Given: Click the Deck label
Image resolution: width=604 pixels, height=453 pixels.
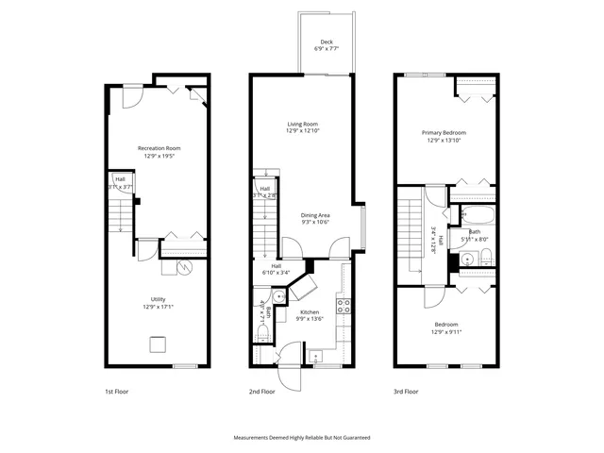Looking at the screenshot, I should (327, 44).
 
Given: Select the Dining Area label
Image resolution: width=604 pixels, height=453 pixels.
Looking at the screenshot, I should (315, 218).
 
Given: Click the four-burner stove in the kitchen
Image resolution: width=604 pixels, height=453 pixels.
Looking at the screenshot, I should (345, 306).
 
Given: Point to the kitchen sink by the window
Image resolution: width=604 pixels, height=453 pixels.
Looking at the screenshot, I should (315, 355).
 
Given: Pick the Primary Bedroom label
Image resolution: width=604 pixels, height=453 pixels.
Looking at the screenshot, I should (444, 136).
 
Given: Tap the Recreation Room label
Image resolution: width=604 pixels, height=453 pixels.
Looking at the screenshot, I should (159, 151).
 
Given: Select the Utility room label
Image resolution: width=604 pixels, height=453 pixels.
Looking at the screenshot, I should (159, 302).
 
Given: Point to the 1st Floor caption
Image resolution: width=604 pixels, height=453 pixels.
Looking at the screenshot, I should (116, 391).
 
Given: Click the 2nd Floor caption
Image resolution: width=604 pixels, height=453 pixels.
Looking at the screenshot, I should (262, 391).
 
